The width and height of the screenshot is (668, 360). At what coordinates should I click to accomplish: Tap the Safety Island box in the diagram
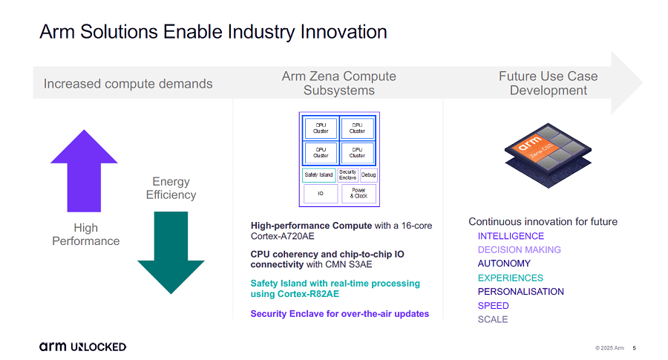click(x=318, y=175)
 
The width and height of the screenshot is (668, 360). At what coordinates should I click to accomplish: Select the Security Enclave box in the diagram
click(x=348, y=175)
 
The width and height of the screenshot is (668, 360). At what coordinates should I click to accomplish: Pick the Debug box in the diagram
click(x=369, y=175)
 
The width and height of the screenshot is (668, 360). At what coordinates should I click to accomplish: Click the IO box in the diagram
click(x=321, y=194)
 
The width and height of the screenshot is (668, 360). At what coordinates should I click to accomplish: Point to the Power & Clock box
click(x=359, y=194)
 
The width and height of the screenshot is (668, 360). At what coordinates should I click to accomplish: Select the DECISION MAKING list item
click(x=519, y=250)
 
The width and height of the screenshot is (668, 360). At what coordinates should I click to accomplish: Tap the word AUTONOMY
click(x=504, y=264)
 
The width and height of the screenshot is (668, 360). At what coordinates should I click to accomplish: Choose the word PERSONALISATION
click(x=520, y=292)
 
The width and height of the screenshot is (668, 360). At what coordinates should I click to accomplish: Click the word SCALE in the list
click(x=493, y=319)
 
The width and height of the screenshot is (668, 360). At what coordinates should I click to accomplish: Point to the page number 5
click(x=635, y=347)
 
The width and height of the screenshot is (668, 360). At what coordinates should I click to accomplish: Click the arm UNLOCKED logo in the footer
click(x=82, y=347)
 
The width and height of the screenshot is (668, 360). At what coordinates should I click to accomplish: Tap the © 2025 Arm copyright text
click(x=609, y=347)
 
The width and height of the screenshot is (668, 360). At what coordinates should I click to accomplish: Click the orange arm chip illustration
click(x=549, y=152)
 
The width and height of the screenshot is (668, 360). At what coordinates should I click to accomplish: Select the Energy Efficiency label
click(x=171, y=189)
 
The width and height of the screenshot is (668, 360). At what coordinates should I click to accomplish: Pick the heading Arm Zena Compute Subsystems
click(x=338, y=83)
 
